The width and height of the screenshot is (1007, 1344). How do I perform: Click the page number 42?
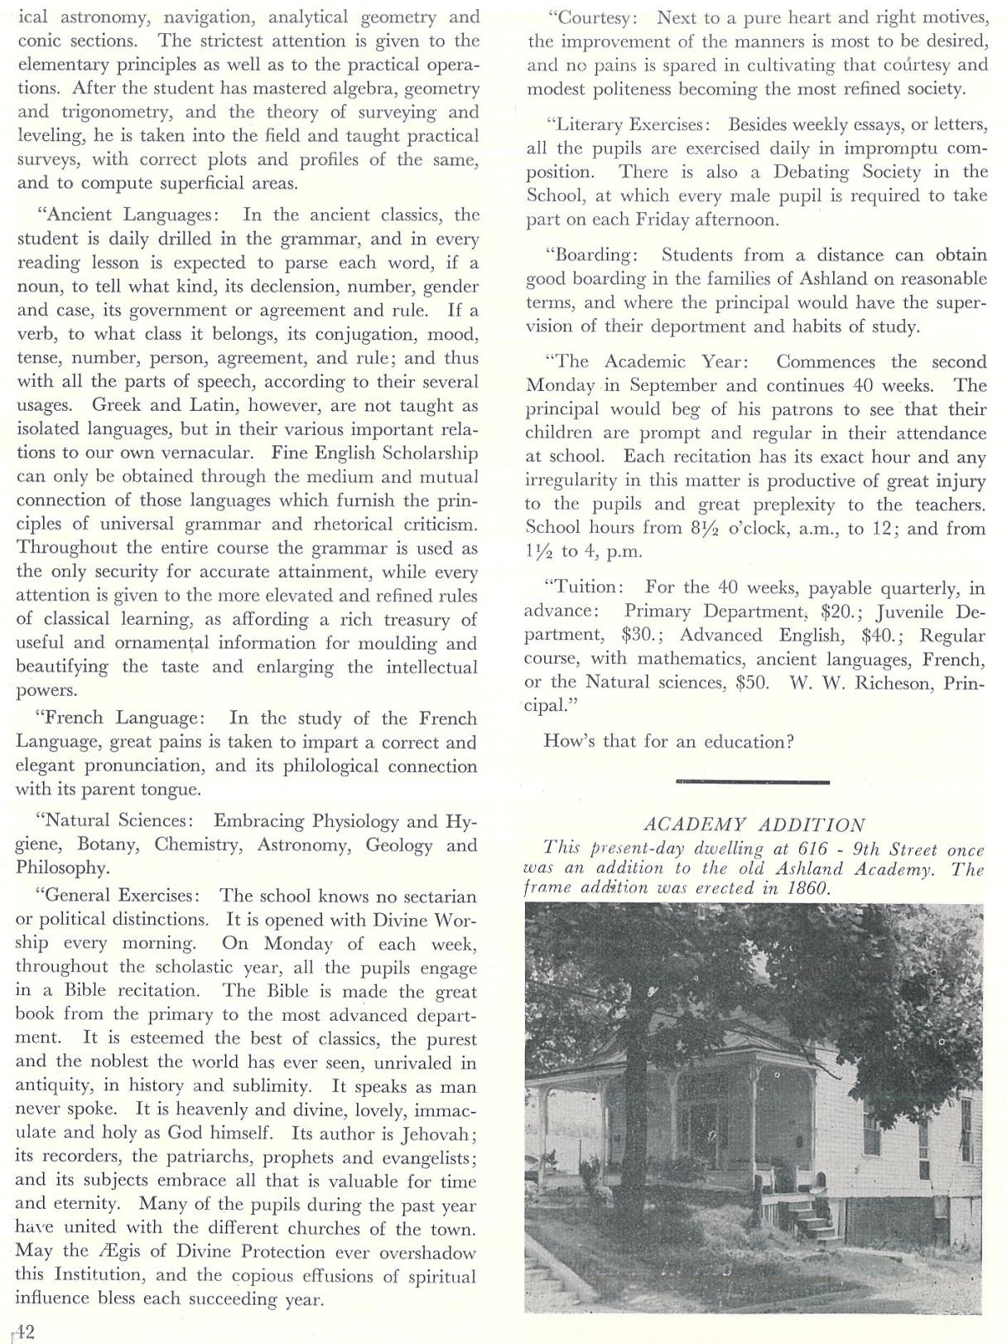(x=25, y=1332)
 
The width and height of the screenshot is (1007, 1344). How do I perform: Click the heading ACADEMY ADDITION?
(x=754, y=824)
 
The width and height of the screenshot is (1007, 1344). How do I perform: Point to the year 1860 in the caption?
(x=808, y=888)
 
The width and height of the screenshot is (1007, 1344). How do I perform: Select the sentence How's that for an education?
(x=668, y=741)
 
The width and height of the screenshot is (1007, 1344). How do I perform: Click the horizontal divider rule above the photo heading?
(x=752, y=781)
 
